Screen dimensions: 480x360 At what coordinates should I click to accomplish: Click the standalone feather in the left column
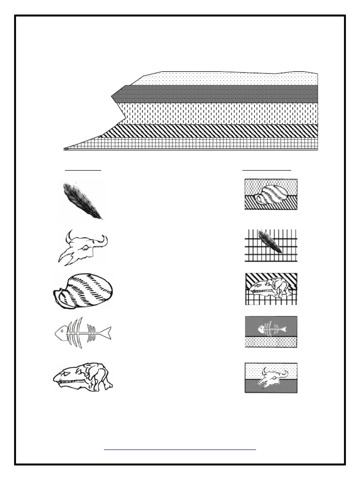(82, 201)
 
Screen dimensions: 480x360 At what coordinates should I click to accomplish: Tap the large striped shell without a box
(83, 291)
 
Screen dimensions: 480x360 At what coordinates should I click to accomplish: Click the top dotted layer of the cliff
(225, 78)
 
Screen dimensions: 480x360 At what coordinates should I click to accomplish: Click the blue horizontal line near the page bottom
(180, 450)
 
